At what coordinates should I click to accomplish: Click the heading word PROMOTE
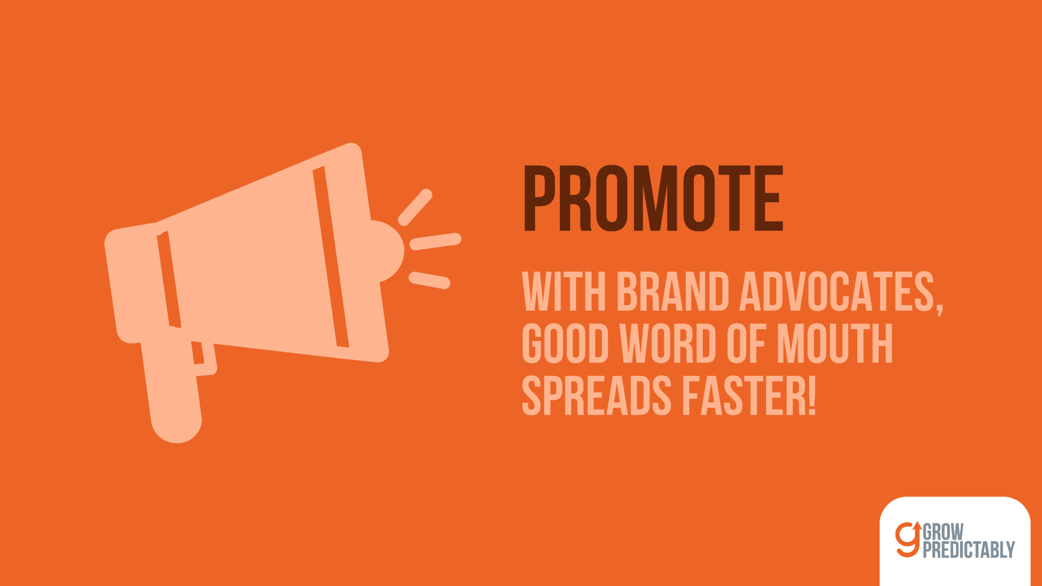tap(653, 198)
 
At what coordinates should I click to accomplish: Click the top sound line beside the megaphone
tap(415, 207)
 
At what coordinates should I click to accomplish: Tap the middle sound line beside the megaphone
tap(436, 242)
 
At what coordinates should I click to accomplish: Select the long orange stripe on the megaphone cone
tap(331, 257)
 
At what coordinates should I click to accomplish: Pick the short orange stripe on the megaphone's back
tap(169, 279)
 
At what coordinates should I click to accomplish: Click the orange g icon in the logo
tap(909, 539)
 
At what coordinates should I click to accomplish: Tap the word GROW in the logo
tap(943, 532)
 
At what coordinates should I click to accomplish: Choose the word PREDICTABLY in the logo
tap(969, 550)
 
